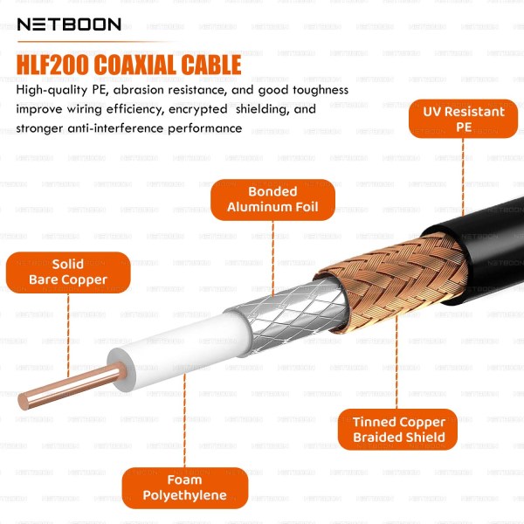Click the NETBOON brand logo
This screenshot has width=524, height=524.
[x=69, y=24]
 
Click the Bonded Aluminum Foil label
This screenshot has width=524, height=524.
[x=272, y=199]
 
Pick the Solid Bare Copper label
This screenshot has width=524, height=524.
[x=68, y=272]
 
